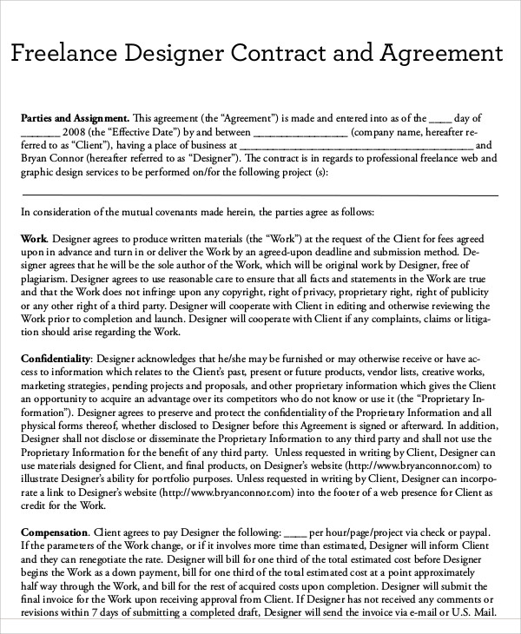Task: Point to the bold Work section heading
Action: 34,238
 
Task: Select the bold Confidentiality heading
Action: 56,358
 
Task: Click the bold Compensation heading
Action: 54,531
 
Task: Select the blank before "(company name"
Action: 300,132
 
